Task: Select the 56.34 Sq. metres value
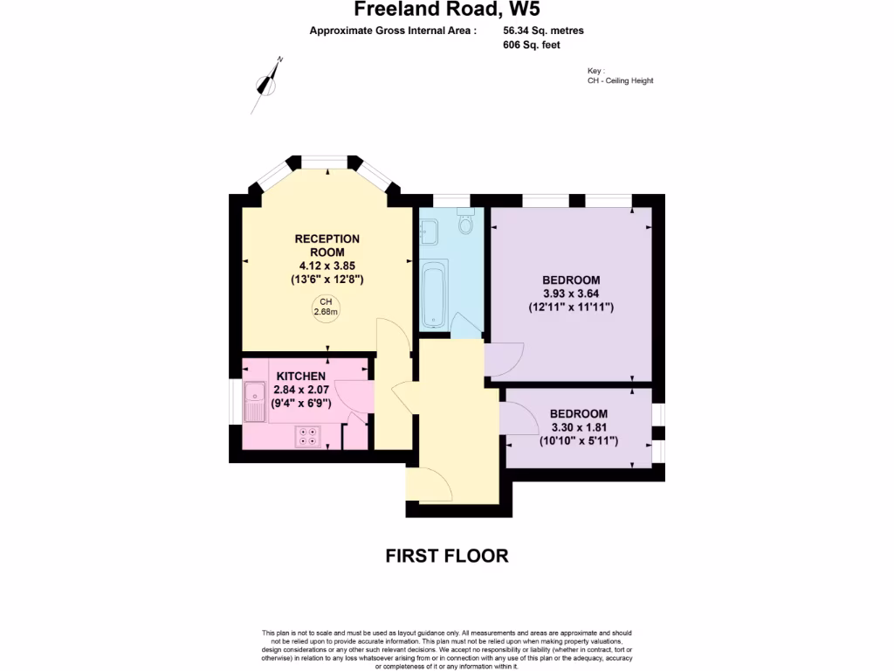point(543,31)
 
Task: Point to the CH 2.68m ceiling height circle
point(327,308)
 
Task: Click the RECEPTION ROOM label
point(327,246)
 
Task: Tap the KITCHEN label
point(301,376)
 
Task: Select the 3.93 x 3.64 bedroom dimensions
point(571,294)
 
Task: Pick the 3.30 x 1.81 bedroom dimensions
point(578,427)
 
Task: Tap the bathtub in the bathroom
point(434,294)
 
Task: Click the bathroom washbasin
point(429,232)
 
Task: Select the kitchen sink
point(255,402)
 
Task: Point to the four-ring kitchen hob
point(308,434)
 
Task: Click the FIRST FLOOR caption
point(446,556)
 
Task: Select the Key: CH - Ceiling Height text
point(620,76)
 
